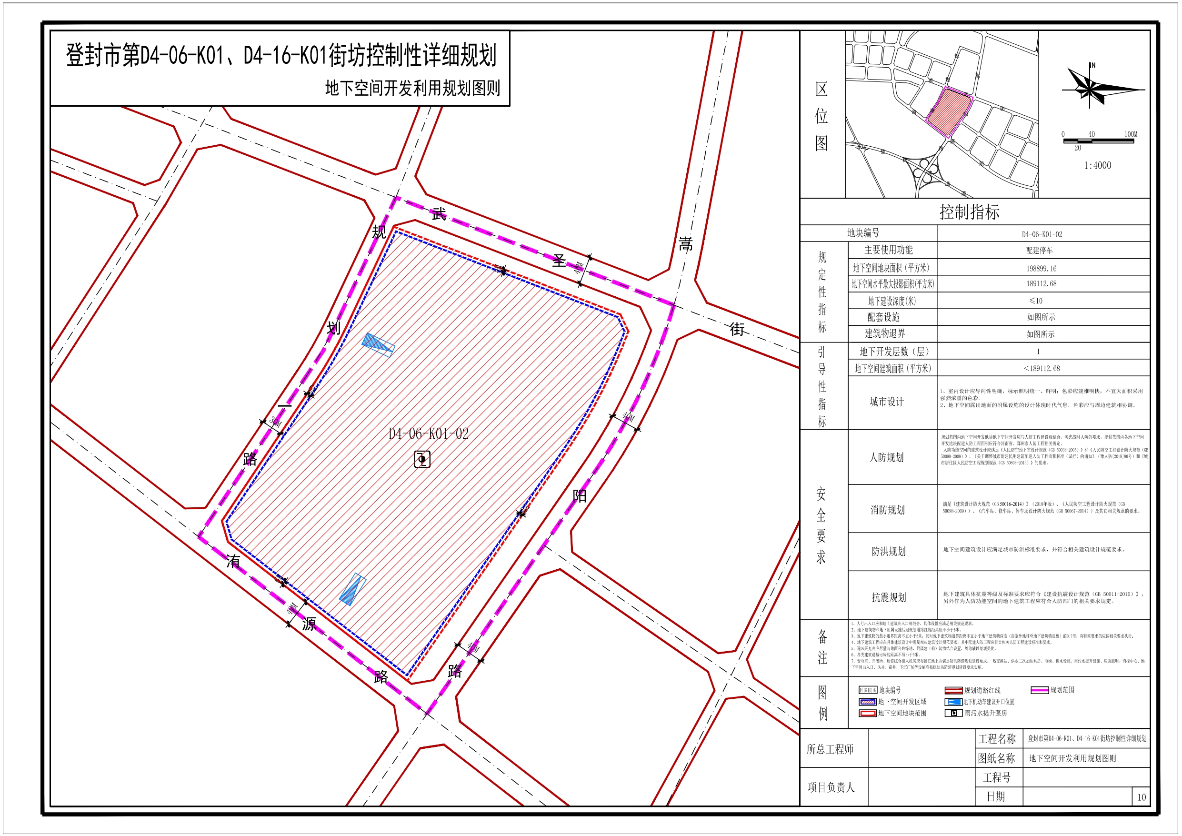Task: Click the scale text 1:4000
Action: [x=1097, y=165]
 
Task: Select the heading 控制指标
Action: [x=970, y=212]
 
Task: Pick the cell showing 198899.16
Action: [x=1041, y=268]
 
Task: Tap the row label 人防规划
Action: [x=887, y=457]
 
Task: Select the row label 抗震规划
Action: [x=889, y=597]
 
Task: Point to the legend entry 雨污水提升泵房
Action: [x=985, y=713]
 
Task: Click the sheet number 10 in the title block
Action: [x=1142, y=797]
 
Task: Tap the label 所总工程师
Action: [x=830, y=749]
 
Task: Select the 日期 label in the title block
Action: [x=996, y=796]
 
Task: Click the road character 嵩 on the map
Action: [x=685, y=243]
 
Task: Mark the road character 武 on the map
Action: [x=439, y=214]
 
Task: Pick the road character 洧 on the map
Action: [x=233, y=561]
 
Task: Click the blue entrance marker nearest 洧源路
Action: [x=352, y=589]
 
